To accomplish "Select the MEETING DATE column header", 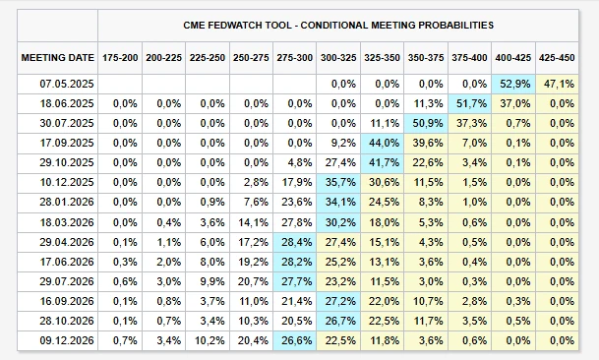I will pyautogui.click(x=57, y=58).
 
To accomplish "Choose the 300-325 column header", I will pyautogui.click(x=339, y=58).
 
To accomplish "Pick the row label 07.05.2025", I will pyautogui.click(x=57, y=85).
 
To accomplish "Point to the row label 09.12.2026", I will pyautogui.click(x=57, y=341).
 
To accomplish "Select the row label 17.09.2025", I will pyautogui.click(x=57, y=144).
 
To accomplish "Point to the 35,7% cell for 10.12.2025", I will pyautogui.click(x=339, y=183).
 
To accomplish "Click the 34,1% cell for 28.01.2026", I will pyautogui.click(x=339, y=203).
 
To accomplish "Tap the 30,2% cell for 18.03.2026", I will pyautogui.click(x=339, y=222).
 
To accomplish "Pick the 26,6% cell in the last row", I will pyautogui.click(x=296, y=341).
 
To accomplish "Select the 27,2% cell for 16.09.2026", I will pyautogui.click(x=339, y=301).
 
